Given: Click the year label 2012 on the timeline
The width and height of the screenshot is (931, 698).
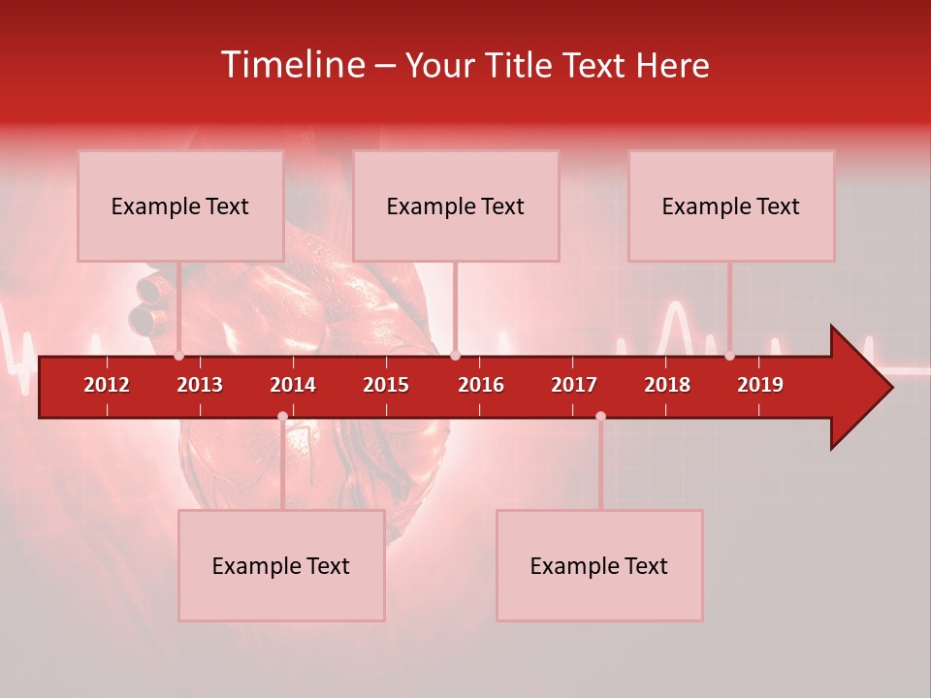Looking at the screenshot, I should click(107, 385).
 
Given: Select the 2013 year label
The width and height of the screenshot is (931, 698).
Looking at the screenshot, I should click(200, 385).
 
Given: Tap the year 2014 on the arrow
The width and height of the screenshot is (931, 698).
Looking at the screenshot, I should click(293, 385).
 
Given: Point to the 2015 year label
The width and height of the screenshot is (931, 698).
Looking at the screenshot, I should click(386, 385).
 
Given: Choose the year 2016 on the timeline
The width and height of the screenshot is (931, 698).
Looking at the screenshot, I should click(481, 385).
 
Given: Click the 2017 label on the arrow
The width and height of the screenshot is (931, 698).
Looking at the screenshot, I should click(574, 385).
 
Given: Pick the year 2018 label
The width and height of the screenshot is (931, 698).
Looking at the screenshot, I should click(667, 385).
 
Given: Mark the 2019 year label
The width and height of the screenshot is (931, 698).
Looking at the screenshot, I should click(760, 385).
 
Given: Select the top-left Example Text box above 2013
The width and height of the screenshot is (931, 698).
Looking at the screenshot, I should click(180, 206).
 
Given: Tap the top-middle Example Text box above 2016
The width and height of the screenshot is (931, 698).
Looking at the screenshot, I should click(456, 206).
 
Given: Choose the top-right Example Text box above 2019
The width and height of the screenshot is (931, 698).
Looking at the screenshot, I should click(731, 206).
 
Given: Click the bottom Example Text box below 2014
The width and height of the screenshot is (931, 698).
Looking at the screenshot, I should click(281, 565).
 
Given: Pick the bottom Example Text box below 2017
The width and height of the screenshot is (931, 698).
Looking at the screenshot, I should click(599, 565).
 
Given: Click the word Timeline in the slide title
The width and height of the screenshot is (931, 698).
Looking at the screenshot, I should click(292, 65).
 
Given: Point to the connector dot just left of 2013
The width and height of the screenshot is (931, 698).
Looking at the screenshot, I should click(179, 356).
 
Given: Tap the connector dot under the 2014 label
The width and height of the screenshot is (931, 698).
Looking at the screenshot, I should click(282, 417).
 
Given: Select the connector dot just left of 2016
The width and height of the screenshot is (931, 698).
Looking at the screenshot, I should click(455, 356).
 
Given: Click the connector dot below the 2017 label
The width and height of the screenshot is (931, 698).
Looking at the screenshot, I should click(600, 417).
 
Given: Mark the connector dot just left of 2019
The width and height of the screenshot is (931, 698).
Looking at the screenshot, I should click(729, 356).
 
